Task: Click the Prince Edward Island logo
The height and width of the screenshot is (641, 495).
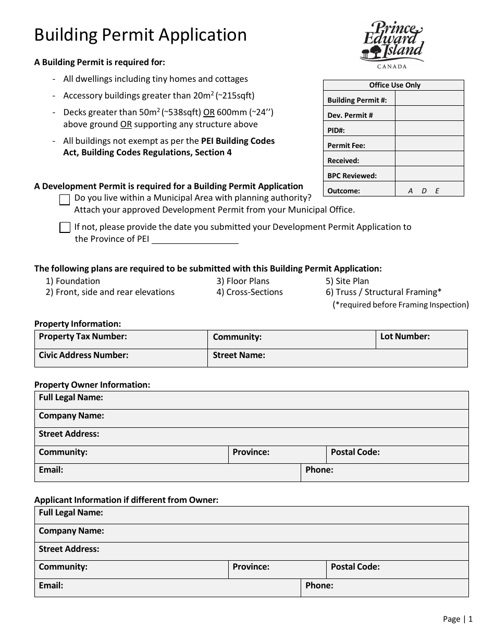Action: click(391, 45)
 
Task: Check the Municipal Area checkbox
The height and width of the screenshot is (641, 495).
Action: click(65, 200)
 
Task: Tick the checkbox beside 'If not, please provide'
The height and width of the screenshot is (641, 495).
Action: click(65, 227)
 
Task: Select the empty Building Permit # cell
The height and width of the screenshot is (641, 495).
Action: click(429, 99)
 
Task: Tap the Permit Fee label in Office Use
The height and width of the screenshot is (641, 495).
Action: click(346, 145)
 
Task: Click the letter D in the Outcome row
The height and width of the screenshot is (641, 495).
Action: click(424, 191)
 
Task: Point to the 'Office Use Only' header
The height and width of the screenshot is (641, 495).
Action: click(394, 85)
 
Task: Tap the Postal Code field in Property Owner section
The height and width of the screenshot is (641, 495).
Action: click(397, 454)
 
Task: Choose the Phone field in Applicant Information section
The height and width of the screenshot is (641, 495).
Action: click(385, 588)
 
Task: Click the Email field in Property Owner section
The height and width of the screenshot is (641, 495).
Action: click(167, 473)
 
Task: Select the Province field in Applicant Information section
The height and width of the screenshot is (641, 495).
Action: click(277, 570)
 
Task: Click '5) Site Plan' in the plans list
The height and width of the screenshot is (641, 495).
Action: click(347, 281)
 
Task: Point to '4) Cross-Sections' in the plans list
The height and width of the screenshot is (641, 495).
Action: click(250, 292)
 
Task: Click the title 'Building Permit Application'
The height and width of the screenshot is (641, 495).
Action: click(141, 35)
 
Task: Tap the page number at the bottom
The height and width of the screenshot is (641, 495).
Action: click(457, 619)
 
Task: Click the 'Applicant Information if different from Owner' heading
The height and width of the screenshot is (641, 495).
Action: click(126, 500)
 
